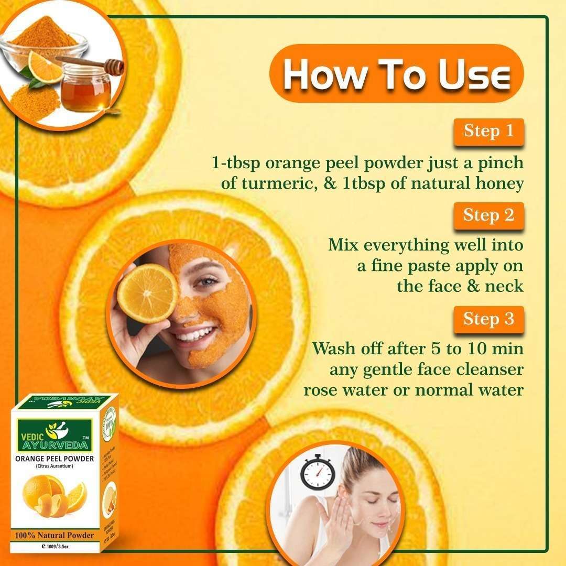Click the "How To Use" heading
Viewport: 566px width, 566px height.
pos(396,74)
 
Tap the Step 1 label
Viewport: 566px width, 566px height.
pos(488,131)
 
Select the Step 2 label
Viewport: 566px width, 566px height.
pos(488,215)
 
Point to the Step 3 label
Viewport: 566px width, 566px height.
pos(488,319)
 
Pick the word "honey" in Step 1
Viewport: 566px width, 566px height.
pos(498,184)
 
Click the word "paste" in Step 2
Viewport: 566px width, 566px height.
pos(422,266)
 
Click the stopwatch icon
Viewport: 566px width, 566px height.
pos(317,473)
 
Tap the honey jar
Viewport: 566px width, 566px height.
pos(86,90)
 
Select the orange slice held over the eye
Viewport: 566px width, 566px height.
pos(147,293)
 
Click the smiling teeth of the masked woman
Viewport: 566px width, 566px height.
pos(195,334)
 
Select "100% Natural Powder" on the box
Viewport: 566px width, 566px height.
pos(55,535)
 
